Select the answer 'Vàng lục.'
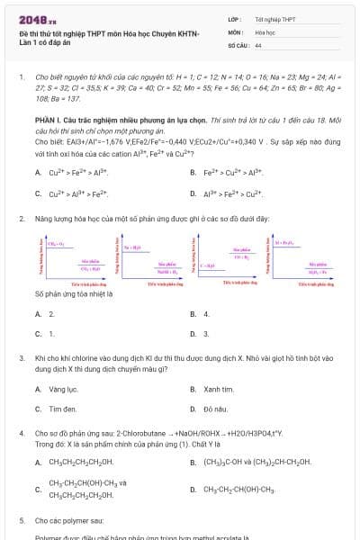[x=63, y=390]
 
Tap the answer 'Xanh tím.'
[x=218, y=390]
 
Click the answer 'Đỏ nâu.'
[x=215, y=409]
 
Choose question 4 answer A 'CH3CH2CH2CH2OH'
[x=81, y=463]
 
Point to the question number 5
[x=22, y=520]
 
